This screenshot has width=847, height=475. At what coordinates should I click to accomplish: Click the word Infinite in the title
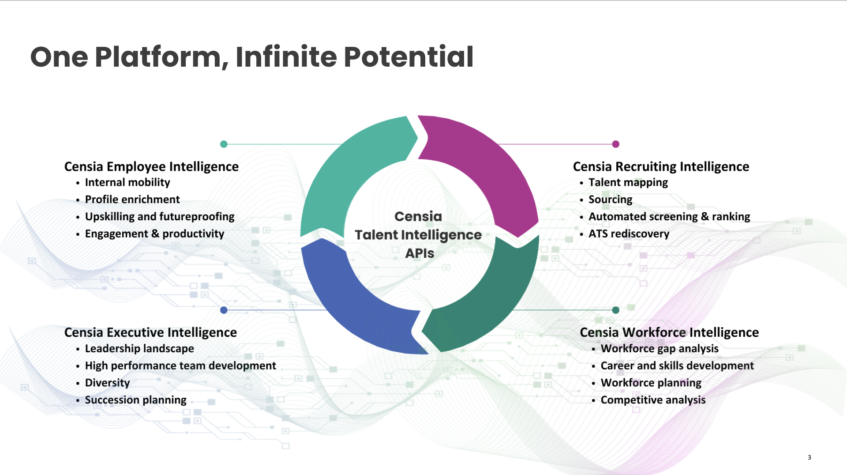pos(286,57)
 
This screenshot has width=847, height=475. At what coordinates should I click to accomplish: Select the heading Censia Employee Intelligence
pos(151,166)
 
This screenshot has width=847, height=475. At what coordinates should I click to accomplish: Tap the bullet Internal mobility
pos(127,182)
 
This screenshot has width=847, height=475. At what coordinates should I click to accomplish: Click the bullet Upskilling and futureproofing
pos(159,216)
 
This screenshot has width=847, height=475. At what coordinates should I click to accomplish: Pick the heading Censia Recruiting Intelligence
pos(660,166)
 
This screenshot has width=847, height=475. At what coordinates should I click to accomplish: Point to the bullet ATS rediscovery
pos(628,234)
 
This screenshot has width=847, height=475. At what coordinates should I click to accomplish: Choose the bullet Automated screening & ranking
pos(669,216)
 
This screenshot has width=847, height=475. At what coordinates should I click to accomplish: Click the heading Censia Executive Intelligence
pos(150,332)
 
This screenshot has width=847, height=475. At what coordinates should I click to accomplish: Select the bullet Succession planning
pos(135,400)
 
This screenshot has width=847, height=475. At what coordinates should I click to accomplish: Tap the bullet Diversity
pos(107,383)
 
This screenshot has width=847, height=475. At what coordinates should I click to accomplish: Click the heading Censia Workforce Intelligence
pos(669,332)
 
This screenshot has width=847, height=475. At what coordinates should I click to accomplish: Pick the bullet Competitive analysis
pos(652,400)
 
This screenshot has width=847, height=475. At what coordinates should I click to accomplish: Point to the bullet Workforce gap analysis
pos(659,348)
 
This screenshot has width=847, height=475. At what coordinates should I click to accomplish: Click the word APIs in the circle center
pos(419,253)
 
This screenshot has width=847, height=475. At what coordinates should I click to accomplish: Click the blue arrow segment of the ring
pos(349,305)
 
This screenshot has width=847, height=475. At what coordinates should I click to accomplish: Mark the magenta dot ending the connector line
pos(616,144)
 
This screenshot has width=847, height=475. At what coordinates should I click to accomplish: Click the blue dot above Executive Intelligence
pos(224,310)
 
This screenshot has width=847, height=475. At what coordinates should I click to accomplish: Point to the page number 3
pos(809,457)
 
